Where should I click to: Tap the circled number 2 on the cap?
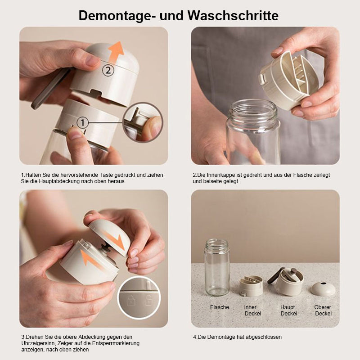click(x=108, y=70)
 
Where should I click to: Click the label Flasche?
click(x=220, y=307)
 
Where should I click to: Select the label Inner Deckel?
click(x=252, y=310)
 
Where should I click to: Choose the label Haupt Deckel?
click(x=288, y=310)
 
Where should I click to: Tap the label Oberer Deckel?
click(x=323, y=310)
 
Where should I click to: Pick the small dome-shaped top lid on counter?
click(x=323, y=288)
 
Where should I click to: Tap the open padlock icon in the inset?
click(x=148, y=300)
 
